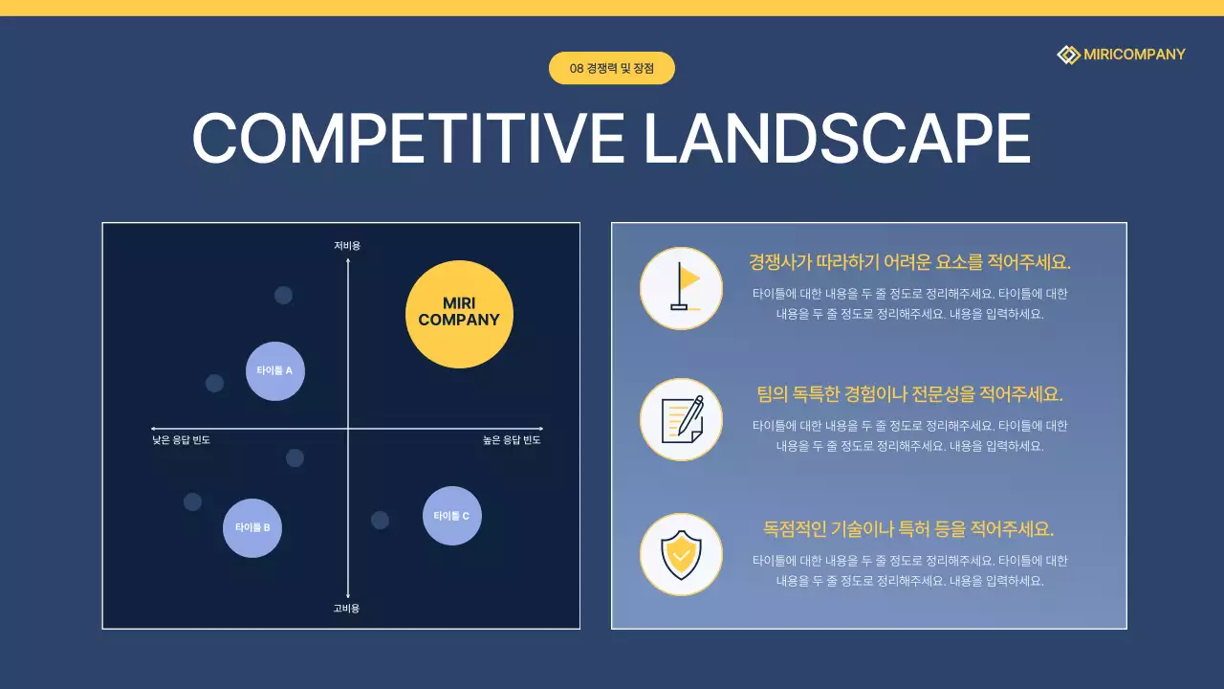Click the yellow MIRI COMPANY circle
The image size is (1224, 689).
(x=459, y=314)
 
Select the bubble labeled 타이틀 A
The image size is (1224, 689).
(x=275, y=370)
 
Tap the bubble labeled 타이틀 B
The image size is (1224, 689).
(x=252, y=527)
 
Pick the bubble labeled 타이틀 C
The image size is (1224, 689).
(x=452, y=516)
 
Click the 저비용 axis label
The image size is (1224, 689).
(x=347, y=246)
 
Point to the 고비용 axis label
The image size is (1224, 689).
(x=346, y=609)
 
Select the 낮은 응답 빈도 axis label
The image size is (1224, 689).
(x=181, y=441)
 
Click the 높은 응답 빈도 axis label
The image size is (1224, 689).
(x=512, y=441)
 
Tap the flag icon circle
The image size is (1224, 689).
(x=681, y=288)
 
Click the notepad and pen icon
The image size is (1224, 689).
(x=681, y=419)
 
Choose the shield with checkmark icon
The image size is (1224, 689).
(x=681, y=554)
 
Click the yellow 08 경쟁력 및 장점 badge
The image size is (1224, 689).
(x=612, y=68)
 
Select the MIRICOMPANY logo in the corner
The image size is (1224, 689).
(x=1121, y=55)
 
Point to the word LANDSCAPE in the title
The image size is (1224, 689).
(x=837, y=139)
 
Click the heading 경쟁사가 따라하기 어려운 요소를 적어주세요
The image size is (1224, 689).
(x=909, y=262)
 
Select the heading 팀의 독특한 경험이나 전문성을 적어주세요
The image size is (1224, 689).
(x=909, y=394)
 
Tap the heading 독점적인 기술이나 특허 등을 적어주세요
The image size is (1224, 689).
(x=908, y=528)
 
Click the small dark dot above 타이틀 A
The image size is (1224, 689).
(x=283, y=295)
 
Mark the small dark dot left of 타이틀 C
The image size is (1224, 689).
(x=380, y=520)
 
